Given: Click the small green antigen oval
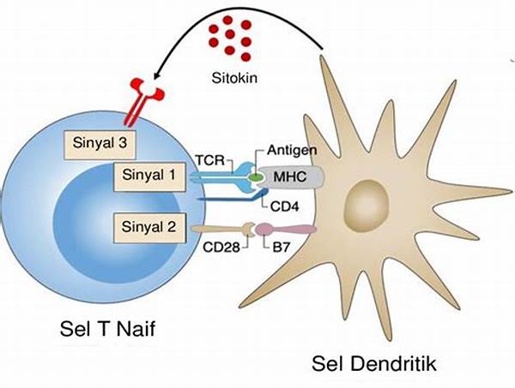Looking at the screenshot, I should point(256,177).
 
